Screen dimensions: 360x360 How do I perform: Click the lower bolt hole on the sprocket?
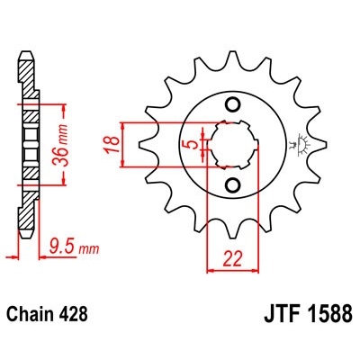pyautogui.click(x=233, y=185)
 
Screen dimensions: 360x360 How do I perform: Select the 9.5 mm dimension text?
pyautogui.click(x=73, y=246)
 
